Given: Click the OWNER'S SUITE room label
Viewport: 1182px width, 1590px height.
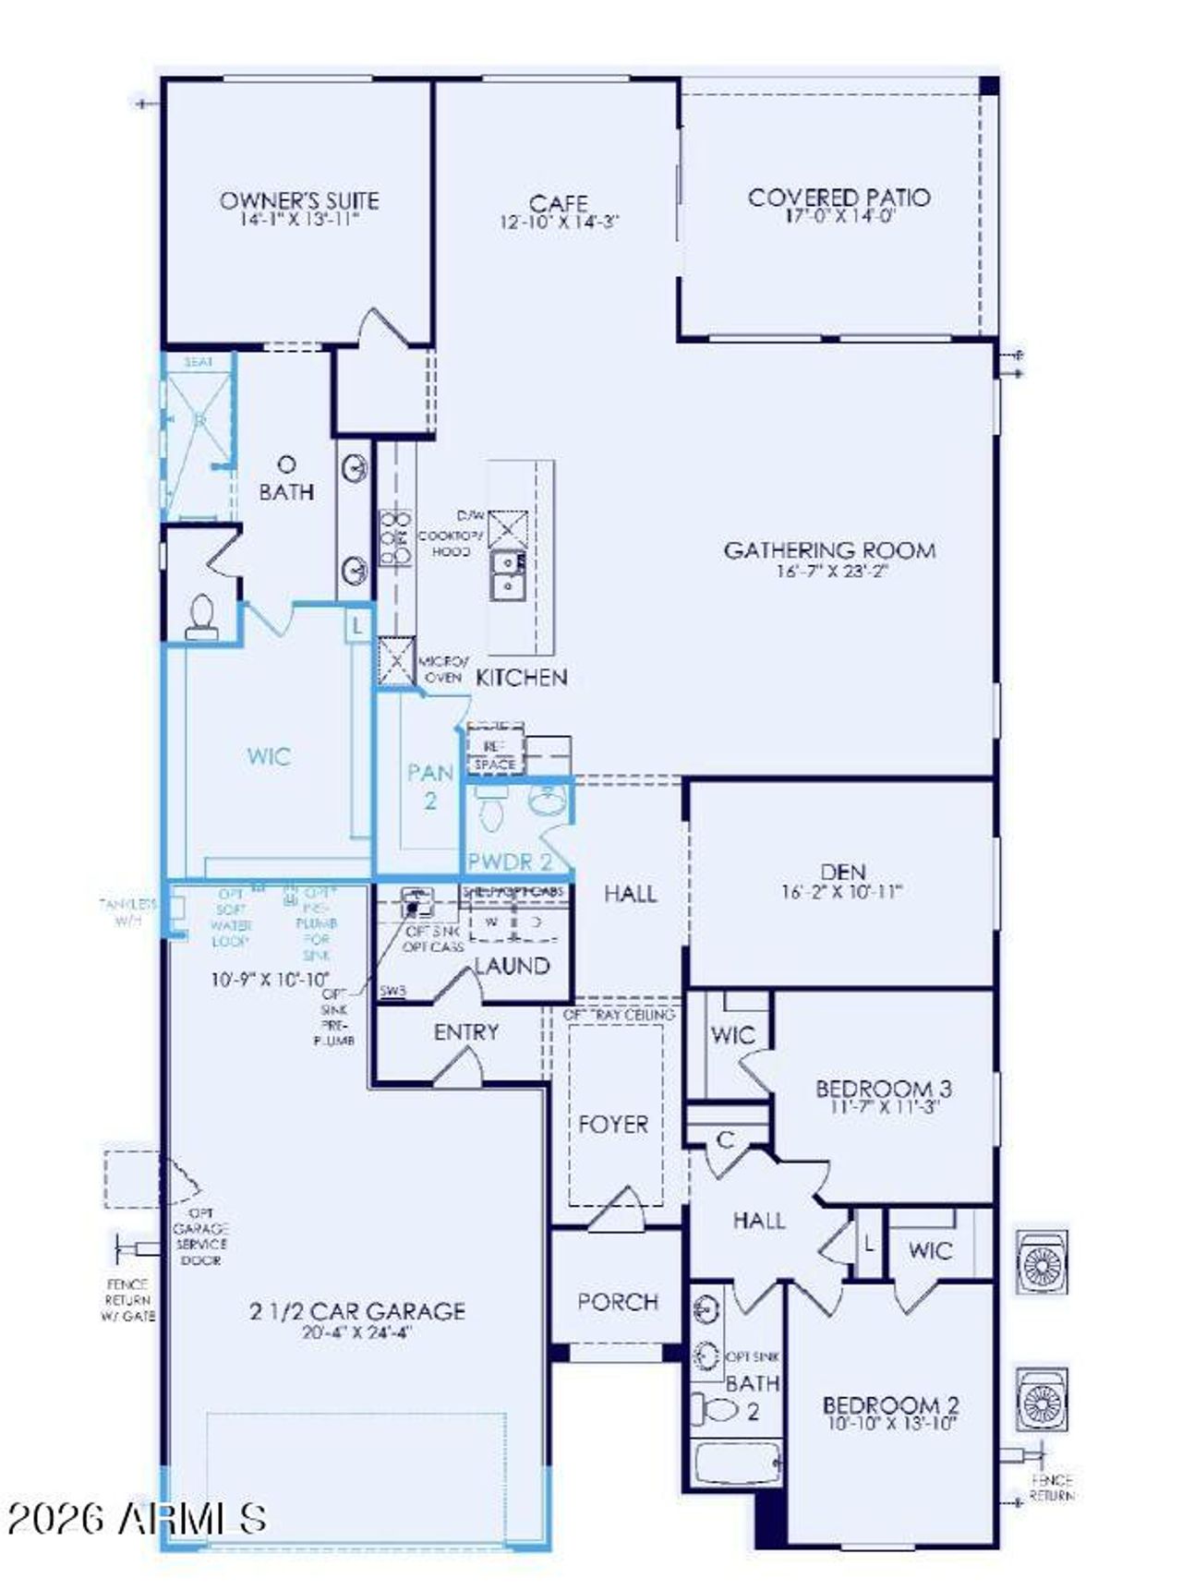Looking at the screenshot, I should pos(298,200).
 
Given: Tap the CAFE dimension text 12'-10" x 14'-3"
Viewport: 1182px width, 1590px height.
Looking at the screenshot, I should pos(559,223).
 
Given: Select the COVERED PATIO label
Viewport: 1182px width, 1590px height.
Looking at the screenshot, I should pos(838,197).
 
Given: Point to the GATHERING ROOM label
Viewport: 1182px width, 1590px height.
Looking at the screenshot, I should pos(829,550).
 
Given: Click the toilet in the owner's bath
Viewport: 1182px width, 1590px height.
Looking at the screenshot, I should pos(201,617).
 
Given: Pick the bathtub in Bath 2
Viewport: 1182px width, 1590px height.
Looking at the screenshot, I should pos(736,1464).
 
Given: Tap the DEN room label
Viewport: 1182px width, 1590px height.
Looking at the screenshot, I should pos(842,872).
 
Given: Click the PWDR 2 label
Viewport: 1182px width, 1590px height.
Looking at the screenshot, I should pos(510,861).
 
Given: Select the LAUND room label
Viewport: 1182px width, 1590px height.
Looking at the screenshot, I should pos(512,966).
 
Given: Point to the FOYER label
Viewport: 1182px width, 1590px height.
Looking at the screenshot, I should pos(613,1125).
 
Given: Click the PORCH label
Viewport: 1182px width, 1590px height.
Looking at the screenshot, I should pos(617,1302).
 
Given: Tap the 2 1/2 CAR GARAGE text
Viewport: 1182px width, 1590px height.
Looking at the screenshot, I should pos(356,1311).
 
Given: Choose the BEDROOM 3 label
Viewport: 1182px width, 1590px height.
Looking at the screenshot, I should pos(884,1088).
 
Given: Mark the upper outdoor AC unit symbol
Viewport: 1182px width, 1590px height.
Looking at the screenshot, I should pos(1042,1261).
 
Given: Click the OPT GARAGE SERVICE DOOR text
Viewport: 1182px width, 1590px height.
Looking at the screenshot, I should pos(200,1236).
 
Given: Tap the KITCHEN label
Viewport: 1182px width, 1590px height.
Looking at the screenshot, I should pos(521,677).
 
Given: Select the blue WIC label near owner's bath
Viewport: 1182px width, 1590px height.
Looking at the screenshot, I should pos(269,757).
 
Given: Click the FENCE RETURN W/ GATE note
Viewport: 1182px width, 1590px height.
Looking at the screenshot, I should pos(127,1299).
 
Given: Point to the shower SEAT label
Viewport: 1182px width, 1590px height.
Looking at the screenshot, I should pos(198,363).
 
